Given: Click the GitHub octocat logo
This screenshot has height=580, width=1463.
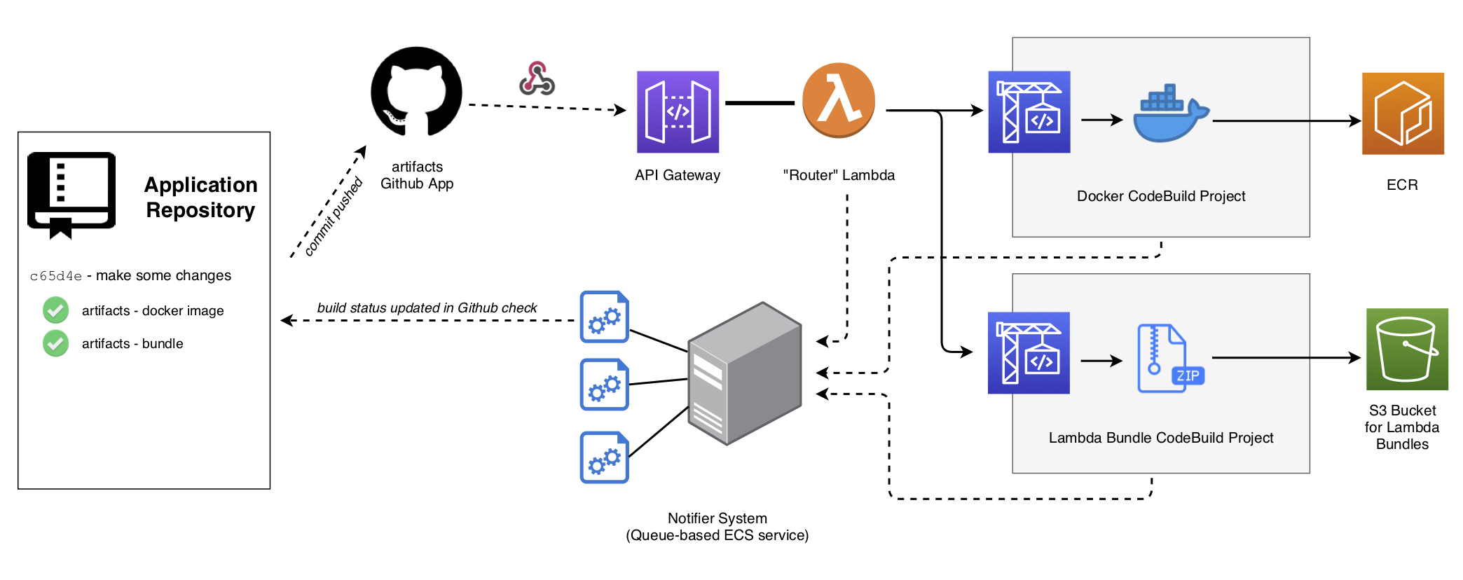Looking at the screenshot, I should (416, 92).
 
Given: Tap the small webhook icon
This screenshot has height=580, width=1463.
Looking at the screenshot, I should (537, 78).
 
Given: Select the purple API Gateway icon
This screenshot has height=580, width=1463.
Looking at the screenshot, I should (678, 112).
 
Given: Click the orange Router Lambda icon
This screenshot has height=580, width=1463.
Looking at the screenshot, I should (838, 100).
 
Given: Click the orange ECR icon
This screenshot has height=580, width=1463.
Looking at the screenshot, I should (1403, 113).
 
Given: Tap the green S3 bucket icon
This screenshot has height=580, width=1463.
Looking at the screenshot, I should (1407, 349).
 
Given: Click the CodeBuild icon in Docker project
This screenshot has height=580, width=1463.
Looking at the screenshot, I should (1029, 112).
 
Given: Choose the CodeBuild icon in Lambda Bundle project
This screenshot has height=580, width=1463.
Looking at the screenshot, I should (1029, 353).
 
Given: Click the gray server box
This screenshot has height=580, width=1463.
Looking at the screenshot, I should (744, 373).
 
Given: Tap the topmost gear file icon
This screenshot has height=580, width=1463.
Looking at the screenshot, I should (604, 317).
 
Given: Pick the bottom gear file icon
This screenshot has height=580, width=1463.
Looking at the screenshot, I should (604, 457).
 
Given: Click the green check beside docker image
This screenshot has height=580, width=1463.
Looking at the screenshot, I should (56, 310).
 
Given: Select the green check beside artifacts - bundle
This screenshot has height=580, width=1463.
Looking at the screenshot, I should (56, 343).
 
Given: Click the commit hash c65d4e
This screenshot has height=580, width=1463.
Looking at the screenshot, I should (56, 276).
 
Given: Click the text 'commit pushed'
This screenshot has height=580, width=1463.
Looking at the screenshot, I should (334, 216).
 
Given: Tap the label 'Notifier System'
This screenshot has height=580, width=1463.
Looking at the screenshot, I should (717, 518).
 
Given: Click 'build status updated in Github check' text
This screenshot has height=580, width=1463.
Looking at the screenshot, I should (427, 308).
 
